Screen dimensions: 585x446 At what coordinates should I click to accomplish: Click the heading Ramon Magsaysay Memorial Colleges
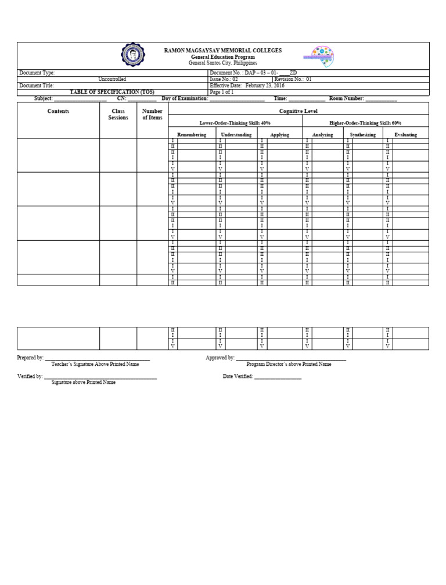[x=222, y=51]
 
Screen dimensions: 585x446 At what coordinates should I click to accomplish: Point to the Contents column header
[x=58, y=111]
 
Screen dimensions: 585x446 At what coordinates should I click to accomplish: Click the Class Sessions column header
[x=118, y=115]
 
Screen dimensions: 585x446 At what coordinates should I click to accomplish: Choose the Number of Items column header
[x=152, y=115]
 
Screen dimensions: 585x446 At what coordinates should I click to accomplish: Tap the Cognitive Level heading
[x=298, y=110]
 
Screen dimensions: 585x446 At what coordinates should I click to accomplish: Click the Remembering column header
[x=192, y=134]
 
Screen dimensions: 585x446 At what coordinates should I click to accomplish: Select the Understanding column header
[x=236, y=134]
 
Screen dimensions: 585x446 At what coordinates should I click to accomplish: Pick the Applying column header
[x=279, y=134]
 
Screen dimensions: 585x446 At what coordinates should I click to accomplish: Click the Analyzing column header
[x=322, y=134]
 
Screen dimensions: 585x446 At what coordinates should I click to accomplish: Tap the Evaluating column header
[x=405, y=134]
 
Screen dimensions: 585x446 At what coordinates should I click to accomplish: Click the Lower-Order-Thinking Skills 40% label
[x=235, y=123]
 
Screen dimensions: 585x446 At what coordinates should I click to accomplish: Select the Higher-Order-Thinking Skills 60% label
[x=365, y=123]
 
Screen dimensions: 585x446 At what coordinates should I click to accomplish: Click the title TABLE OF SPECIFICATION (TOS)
[x=112, y=92]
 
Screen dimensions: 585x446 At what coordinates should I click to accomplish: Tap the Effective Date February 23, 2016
[x=246, y=85]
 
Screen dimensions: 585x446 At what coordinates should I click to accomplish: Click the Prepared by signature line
[x=97, y=358]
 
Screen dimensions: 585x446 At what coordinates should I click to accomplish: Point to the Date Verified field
[x=278, y=377]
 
